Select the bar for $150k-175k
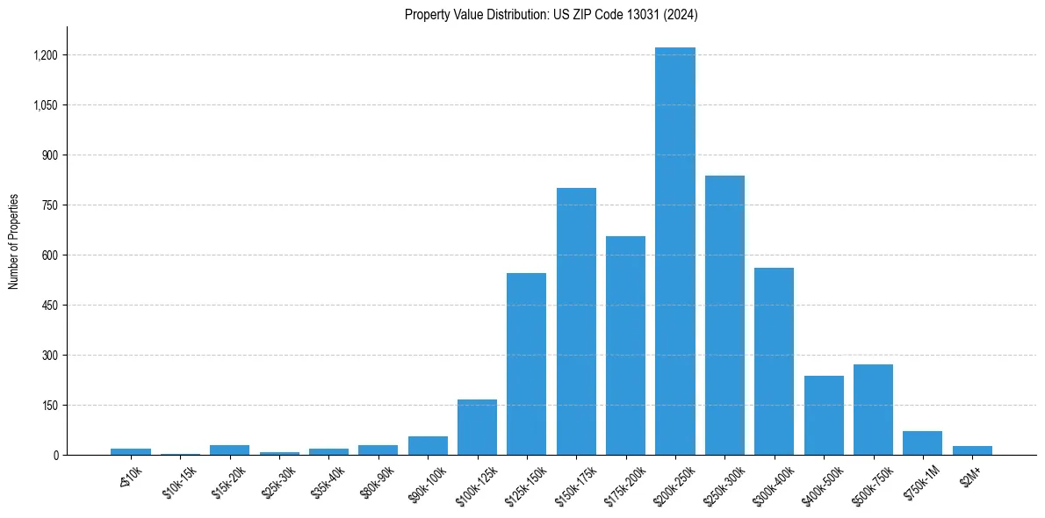576,321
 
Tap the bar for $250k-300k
724,315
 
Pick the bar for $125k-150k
526,363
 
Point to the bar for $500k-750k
873,409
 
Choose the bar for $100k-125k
477,427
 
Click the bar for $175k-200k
625,345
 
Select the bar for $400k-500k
824,415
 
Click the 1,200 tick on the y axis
46,55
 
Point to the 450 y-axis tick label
50,306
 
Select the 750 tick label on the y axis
50,205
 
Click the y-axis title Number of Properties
14,241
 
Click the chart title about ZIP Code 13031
551,14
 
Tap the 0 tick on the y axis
55,455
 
